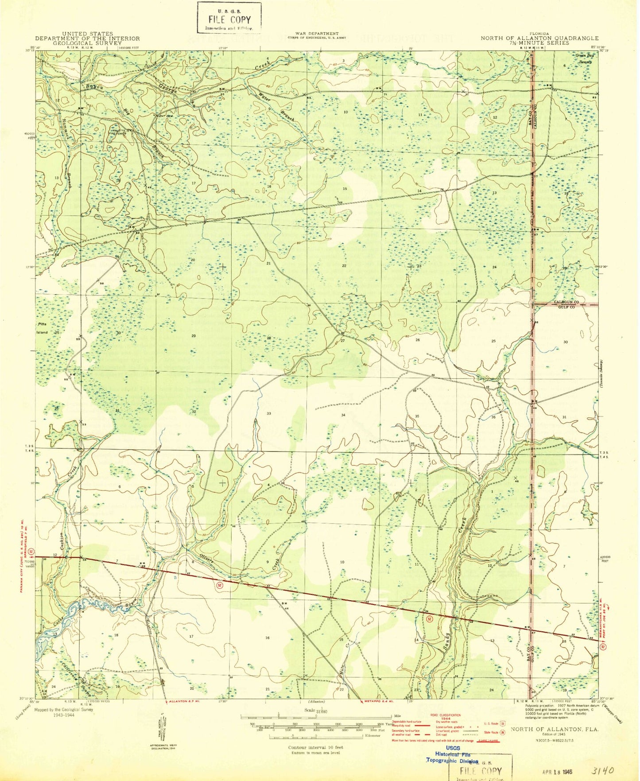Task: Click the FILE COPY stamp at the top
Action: click(229, 18)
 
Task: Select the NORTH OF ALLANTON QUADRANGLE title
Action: click(539, 38)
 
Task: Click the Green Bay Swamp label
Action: click(584, 58)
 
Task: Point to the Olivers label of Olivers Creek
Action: click(207, 558)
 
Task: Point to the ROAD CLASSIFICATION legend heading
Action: click(445, 715)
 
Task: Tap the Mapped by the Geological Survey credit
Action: click(63, 712)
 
